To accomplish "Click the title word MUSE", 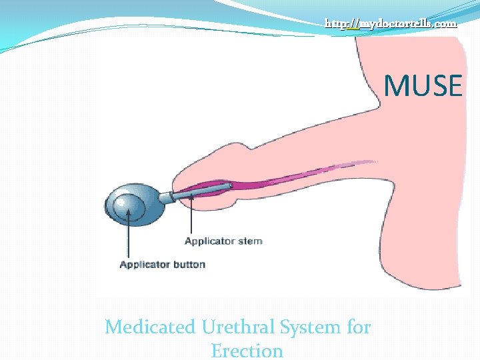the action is [423, 86].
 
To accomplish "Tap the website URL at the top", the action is [391, 23].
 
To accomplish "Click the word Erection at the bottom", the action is [247, 350].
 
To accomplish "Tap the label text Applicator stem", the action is [223, 241].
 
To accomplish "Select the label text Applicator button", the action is [162, 265].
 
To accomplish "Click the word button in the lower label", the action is [187, 265].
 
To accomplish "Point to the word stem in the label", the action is [249, 241].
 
